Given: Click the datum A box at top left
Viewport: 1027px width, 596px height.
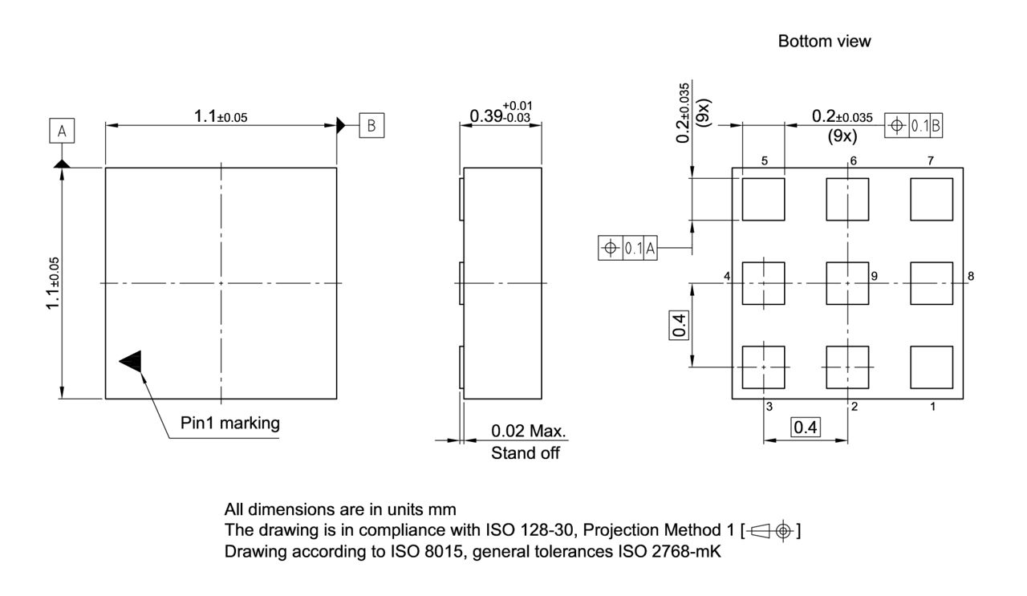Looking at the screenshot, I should (61, 131).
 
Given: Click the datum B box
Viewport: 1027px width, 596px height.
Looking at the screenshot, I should (371, 125).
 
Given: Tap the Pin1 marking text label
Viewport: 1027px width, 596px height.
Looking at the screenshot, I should (230, 423).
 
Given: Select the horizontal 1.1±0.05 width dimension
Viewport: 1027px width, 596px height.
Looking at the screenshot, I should (221, 116).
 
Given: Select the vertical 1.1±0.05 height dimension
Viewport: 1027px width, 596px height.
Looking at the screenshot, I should (53, 283).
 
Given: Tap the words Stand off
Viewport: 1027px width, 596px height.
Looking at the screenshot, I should (527, 454).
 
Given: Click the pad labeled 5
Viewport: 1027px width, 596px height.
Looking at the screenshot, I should (763, 200).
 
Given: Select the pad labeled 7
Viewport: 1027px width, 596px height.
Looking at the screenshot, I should (931, 200).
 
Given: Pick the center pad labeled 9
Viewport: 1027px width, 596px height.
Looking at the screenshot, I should (847, 283).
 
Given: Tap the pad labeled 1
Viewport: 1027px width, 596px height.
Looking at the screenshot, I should (931, 367).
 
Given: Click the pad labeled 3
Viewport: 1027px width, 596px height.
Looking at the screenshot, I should (763, 367).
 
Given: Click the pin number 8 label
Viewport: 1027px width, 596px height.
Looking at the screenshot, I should (971, 276).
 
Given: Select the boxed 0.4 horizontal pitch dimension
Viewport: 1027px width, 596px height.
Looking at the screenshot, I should (805, 427).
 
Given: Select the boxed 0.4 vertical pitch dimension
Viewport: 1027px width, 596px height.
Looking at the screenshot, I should (678, 326).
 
